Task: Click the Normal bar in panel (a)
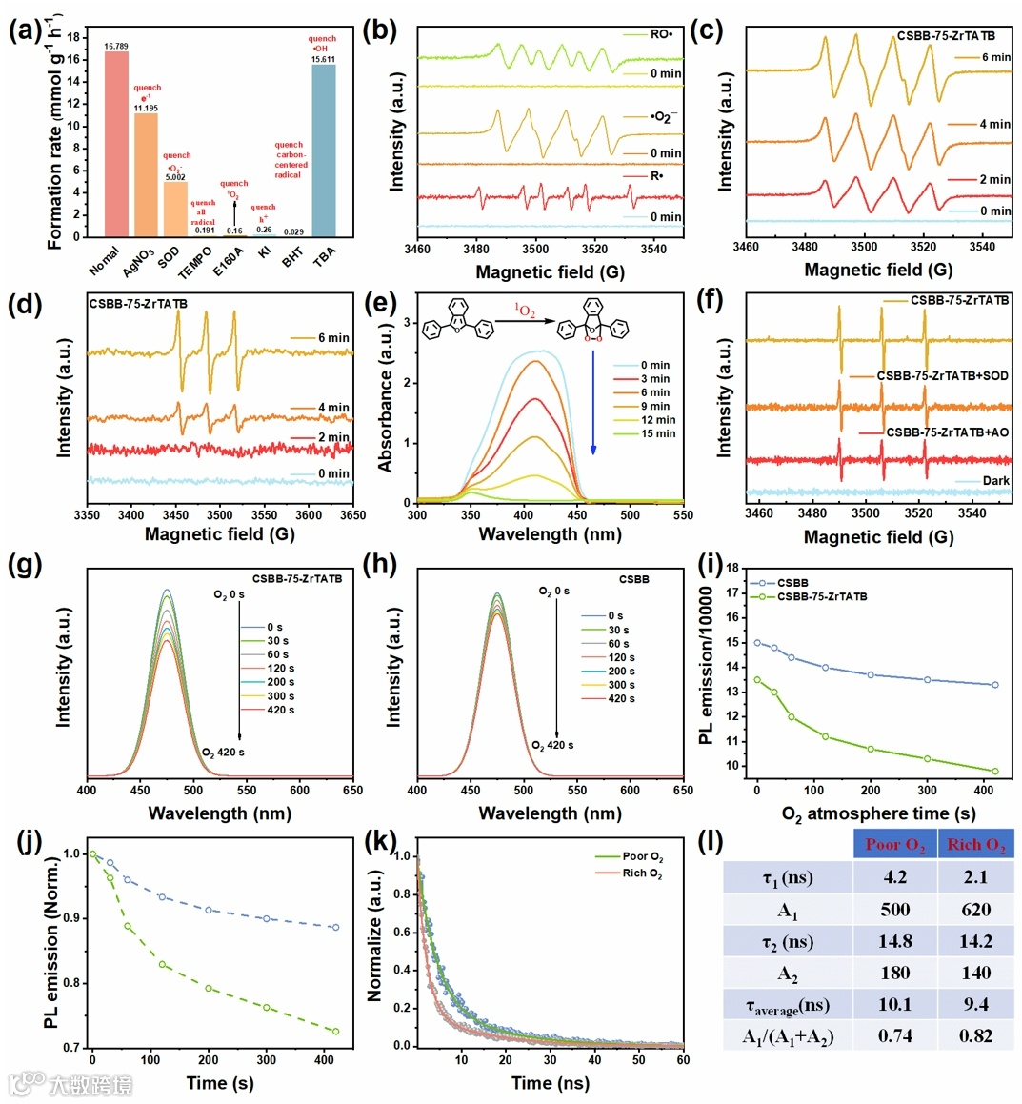click(116, 143)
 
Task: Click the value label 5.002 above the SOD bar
click(174, 177)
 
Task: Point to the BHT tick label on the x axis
click(293, 256)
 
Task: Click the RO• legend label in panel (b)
click(661, 34)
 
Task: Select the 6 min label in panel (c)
click(996, 57)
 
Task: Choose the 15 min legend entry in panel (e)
click(657, 433)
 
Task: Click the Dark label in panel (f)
click(995, 480)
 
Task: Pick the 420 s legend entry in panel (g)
click(280, 710)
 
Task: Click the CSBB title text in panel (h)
click(633, 579)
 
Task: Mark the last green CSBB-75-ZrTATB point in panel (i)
click(995, 772)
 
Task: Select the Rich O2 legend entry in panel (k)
click(642, 873)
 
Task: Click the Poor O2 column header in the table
click(894, 845)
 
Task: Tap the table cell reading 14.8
click(894, 941)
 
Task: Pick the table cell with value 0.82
click(975, 1035)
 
